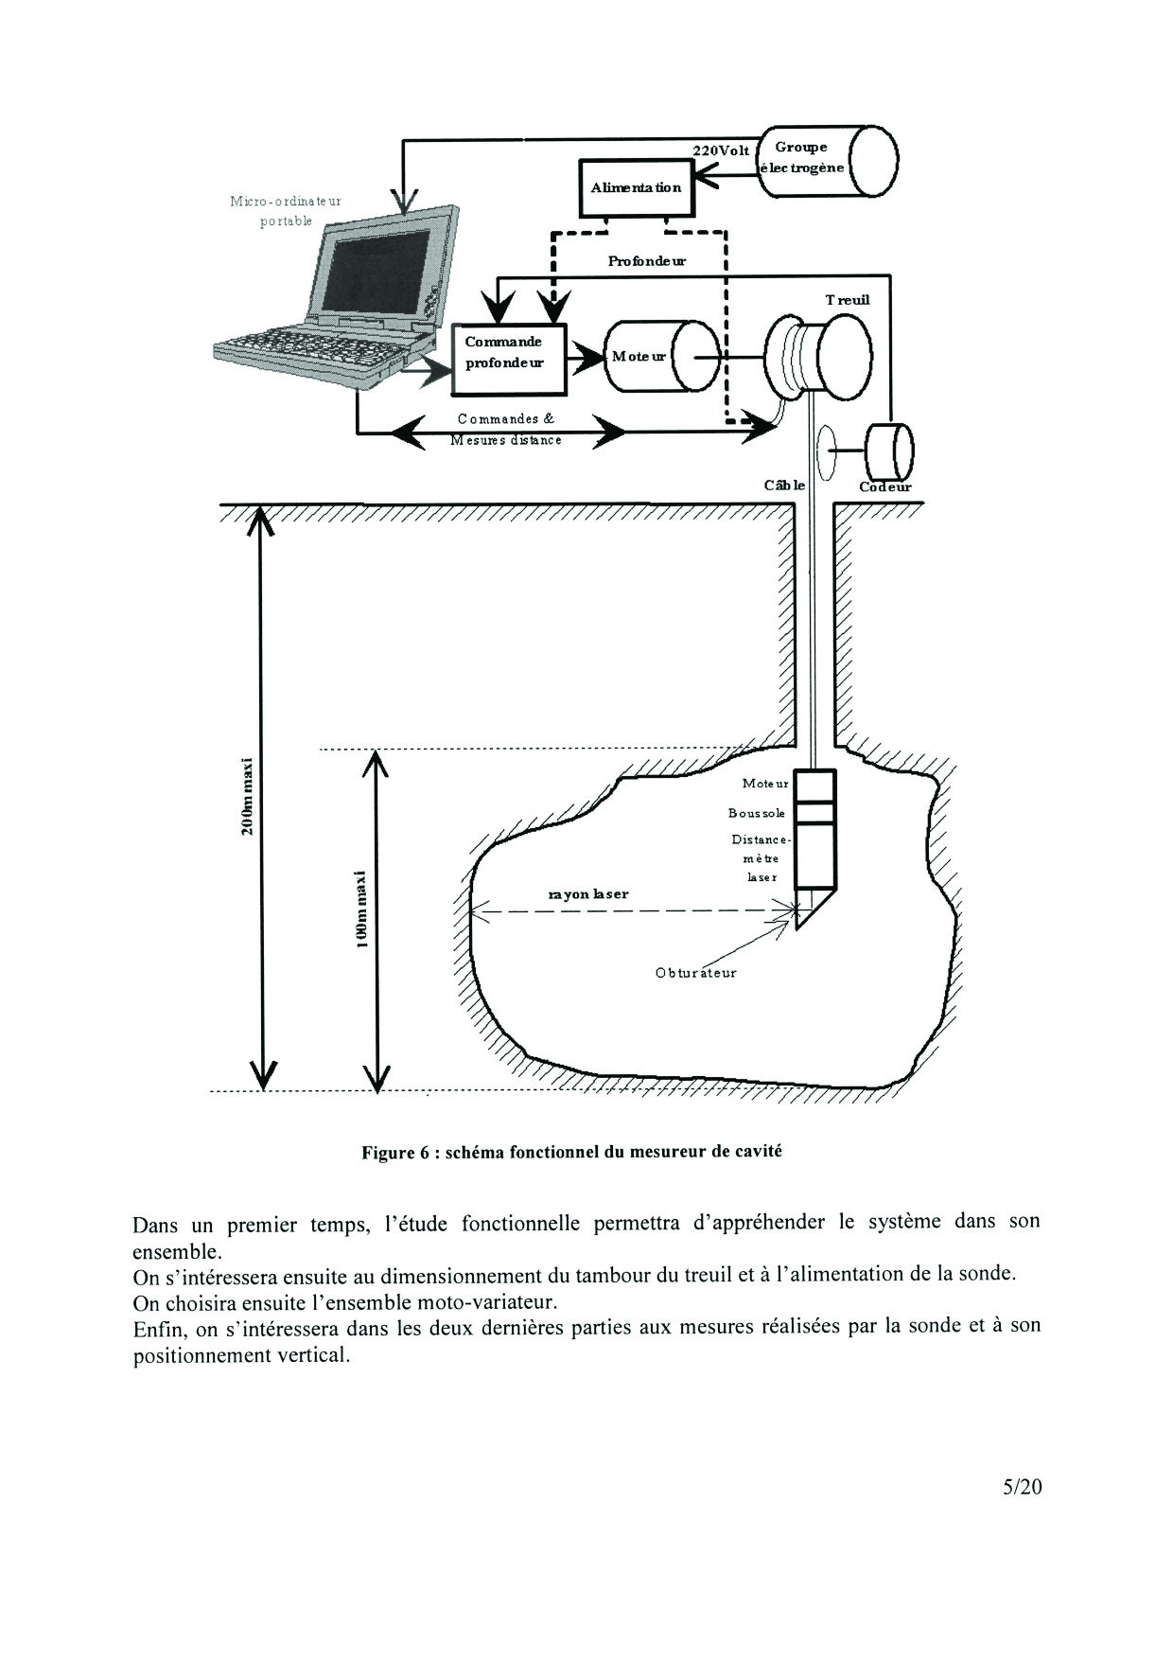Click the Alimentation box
(x=636, y=187)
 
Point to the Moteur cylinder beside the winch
(x=660, y=357)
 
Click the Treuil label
(x=847, y=300)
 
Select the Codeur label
(x=884, y=487)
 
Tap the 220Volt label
(x=721, y=150)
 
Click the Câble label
(x=784, y=486)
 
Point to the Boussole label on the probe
(x=757, y=813)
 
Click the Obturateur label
(x=695, y=972)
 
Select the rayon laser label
(x=588, y=893)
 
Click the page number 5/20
(x=1023, y=1487)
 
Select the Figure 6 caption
(x=571, y=1152)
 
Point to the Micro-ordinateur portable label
(x=286, y=210)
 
